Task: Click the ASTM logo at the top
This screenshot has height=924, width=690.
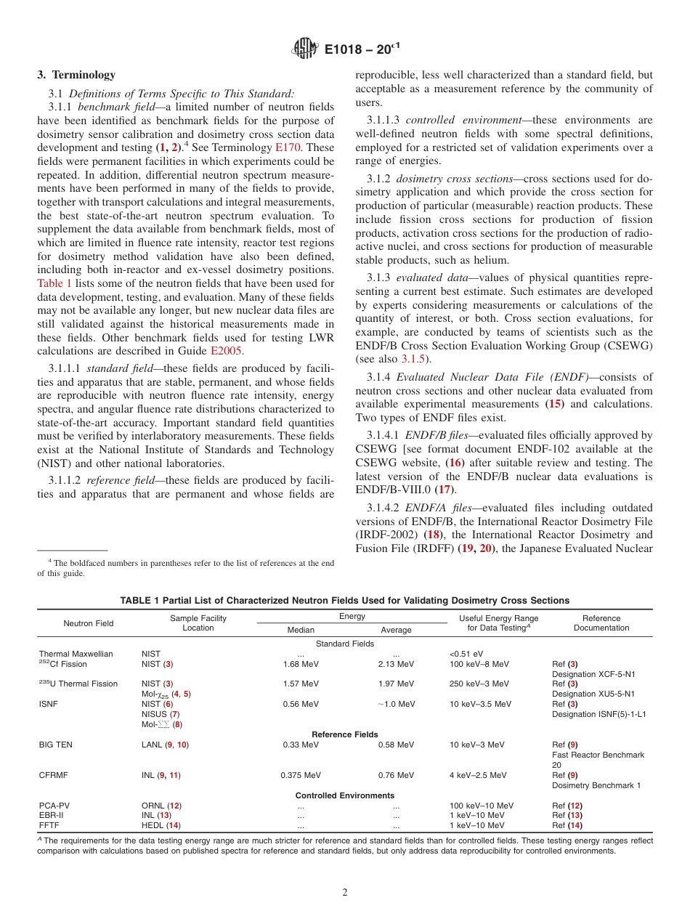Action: point(305,49)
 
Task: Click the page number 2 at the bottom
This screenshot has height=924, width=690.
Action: point(345,893)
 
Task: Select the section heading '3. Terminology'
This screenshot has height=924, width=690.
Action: point(76,75)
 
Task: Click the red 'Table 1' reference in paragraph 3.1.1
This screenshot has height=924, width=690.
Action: point(54,283)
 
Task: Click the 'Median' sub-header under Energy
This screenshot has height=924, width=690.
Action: point(301,630)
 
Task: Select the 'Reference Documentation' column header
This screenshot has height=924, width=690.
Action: point(601,623)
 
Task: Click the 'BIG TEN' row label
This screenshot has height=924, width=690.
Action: point(56,745)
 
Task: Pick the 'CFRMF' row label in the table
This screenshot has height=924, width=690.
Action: point(53,775)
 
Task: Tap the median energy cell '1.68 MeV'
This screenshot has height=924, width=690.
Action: point(301,664)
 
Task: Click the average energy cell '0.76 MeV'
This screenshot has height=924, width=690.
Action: point(396,775)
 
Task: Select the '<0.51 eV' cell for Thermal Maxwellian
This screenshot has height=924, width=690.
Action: point(466,654)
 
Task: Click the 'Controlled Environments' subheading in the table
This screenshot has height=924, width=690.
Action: point(345,795)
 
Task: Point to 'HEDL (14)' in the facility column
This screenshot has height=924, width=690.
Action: point(161,825)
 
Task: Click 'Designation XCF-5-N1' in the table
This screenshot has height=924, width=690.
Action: point(593,674)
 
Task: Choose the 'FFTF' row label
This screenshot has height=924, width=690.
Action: point(49,825)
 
